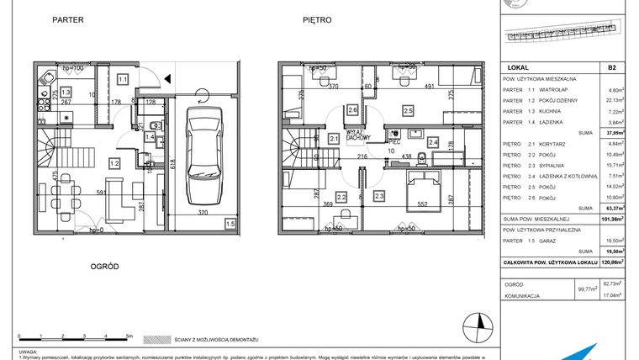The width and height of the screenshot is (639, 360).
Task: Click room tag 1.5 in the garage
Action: coord(230,224)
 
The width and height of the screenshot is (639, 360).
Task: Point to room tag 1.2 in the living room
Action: coord(114,163)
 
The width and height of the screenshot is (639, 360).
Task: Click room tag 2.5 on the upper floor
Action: coord(408,110)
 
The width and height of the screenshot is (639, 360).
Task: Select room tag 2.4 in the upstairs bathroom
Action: coord(433,143)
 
